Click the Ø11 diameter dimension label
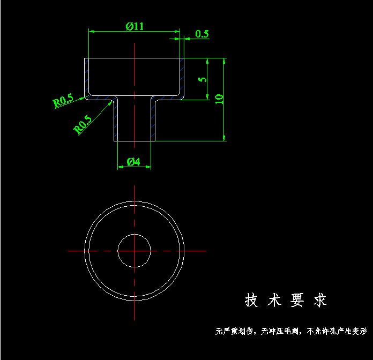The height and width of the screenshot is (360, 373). coord(135,26)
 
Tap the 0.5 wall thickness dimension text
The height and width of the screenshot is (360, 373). coord(202,34)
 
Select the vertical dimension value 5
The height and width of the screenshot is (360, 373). coord(203,79)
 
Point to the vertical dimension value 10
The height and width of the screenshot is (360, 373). coord(219,99)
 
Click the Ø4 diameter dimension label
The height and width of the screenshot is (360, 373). coord(133,162)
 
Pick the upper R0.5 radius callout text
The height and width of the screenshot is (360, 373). coord(63,100)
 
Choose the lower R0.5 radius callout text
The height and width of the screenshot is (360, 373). coord(83,124)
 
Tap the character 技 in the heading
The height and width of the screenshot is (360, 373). coord(251,300)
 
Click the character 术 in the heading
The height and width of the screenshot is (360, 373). coord(274,300)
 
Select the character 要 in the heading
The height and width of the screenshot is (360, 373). coord(297,300)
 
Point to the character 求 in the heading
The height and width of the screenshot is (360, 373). coord(320,300)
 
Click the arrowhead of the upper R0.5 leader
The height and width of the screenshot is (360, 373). coord(83,97)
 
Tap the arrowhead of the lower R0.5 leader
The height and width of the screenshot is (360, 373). coord(110,103)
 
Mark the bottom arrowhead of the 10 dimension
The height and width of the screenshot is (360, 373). coord(224,138)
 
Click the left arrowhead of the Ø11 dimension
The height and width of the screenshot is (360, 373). coord(92,31)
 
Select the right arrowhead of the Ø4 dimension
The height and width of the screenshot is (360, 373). coord(148,167)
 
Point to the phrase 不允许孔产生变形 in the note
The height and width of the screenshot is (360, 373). coord(337,331)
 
